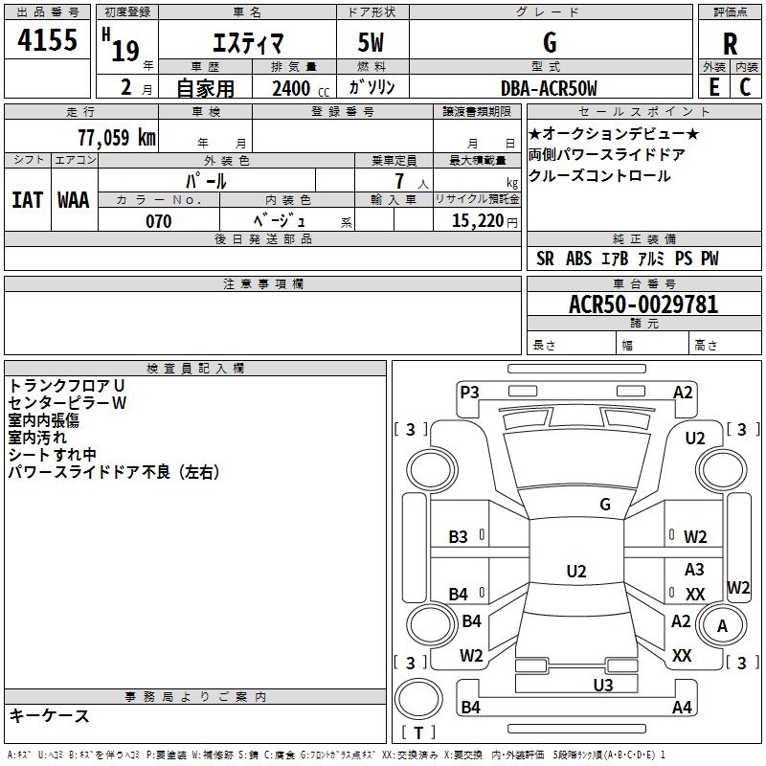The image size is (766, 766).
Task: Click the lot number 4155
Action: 47,39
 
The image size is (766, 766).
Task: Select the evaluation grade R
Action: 730,44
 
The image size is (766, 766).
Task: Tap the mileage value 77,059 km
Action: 117,137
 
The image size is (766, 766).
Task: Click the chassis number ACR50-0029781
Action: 643,304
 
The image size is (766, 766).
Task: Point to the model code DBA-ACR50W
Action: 549,88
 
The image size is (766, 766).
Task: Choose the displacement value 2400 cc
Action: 301,88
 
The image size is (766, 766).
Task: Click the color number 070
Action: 159,221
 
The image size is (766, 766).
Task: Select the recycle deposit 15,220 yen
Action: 484,221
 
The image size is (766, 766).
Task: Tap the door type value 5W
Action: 371,42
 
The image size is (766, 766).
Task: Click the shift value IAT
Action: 27,200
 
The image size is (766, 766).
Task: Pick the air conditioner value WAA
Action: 74,200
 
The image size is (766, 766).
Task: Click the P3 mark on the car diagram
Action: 469,393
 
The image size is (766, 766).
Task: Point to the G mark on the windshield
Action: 605,504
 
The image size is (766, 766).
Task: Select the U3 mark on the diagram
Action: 603,685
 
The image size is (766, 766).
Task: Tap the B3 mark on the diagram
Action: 458,537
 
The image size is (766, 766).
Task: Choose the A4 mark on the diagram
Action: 682,707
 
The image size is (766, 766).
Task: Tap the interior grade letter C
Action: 745,87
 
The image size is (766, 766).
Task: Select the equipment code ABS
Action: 579,259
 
